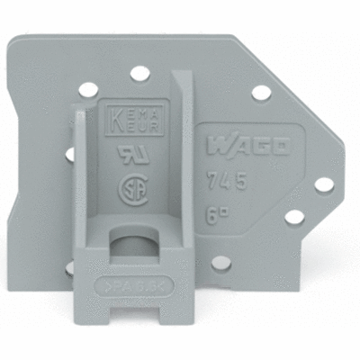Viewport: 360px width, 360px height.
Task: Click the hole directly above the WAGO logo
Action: click(x=260, y=93)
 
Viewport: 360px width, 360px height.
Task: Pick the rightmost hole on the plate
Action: click(x=323, y=184)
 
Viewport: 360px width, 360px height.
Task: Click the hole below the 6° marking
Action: click(x=220, y=264)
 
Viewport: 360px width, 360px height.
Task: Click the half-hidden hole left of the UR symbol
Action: click(x=70, y=154)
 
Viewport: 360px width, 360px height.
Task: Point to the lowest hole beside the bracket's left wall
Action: click(x=68, y=267)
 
